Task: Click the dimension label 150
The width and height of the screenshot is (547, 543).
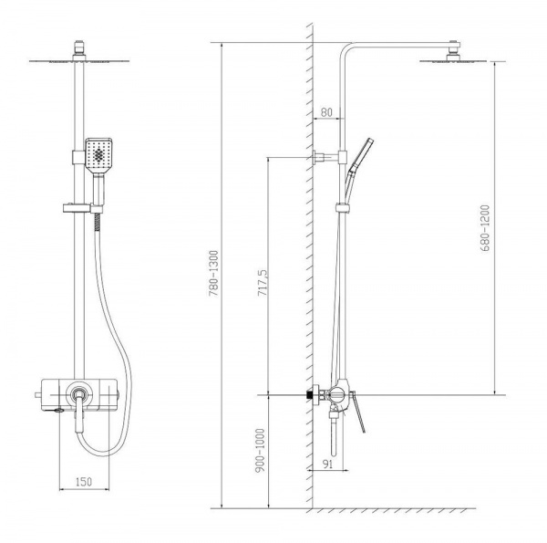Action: [x=84, y=482]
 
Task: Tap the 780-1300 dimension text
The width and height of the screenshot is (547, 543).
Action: [x=213, y=274]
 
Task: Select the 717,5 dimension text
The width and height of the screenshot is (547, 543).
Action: [x=263, y=283]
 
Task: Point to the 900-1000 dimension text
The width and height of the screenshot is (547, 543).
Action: [x=260, y=451]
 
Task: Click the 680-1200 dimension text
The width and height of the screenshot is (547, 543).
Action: [x=485, y=228]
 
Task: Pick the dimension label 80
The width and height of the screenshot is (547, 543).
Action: [x=326, y=112]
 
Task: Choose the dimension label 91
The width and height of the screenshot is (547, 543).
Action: [x=327, y=465]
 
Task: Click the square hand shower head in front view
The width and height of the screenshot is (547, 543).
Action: [x=98, y=155]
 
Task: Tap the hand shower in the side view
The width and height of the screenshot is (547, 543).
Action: [x=358, y=168]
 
